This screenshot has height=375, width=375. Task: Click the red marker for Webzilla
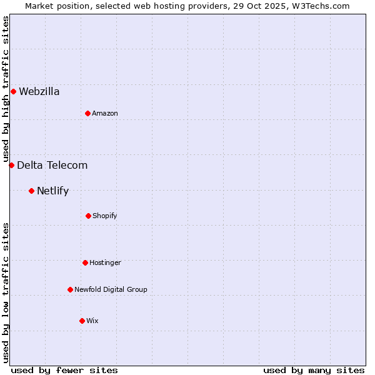pyautogui.click(x=13, y=92)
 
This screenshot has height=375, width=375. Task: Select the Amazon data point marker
pyautogui.click(x=87, y=113)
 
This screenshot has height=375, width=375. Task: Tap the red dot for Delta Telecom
pyautogui.click(x=11, y=165)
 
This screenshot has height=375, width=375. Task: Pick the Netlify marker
pyautogui.click(x=31, y=191)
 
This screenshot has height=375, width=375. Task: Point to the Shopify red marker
pyautogui.click(x=88, y=216)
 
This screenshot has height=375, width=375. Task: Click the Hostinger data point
pyautogui.click(x=85, y=262)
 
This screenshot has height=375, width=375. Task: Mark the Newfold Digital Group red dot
pyautogui.click(x=70, y=289)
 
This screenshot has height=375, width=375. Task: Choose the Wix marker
pyautogui.click(x=82, y=321)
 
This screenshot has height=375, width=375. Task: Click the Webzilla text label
pyautogui.click(x=39, y=92)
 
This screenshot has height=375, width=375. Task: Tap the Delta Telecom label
pyautogui.click(x=52, y=166)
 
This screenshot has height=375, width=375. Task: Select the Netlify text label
pyautogui.click(x=53, y=191)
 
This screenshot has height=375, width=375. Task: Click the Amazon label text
pyautogui.click(x=105, y=114)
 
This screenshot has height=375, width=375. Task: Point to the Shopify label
pyautogui.click(x=105, y=216)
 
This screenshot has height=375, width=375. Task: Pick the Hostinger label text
pyautogui.click(x=105, y=263)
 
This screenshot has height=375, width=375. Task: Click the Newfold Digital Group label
pyautogui.click(x=111, y=290)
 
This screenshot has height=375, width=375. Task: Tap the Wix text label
pyautogui.click(x=92, y=321)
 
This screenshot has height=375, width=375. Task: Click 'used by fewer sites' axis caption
pyautogui.click(x=64, y=370)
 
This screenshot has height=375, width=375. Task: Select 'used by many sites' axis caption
pyautogui.click(x=314, y=370)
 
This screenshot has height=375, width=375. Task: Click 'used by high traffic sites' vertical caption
pyautogui.click(x=6, y=89)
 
